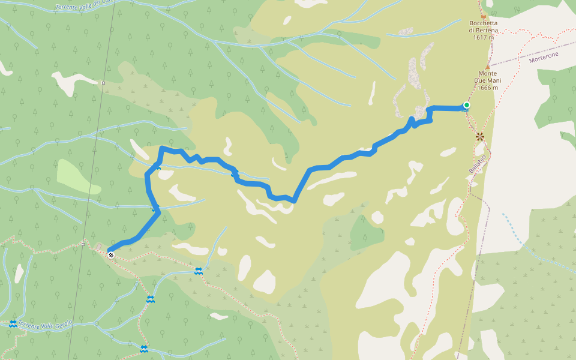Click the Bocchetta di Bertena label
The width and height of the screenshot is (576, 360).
483,27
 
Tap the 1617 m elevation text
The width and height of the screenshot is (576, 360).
483,37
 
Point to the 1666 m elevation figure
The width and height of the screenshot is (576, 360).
488,88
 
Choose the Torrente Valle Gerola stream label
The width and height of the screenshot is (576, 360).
45,323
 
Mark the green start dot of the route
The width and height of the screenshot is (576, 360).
466,106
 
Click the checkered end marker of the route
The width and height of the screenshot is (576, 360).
111,255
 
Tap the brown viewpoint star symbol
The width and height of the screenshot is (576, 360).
480,137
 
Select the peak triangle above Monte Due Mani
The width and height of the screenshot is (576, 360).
487,67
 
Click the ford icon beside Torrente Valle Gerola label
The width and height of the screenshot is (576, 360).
13,324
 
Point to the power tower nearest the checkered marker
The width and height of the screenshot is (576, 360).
83,244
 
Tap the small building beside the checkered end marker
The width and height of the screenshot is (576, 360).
99,246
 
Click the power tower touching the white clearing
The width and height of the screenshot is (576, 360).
103,83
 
